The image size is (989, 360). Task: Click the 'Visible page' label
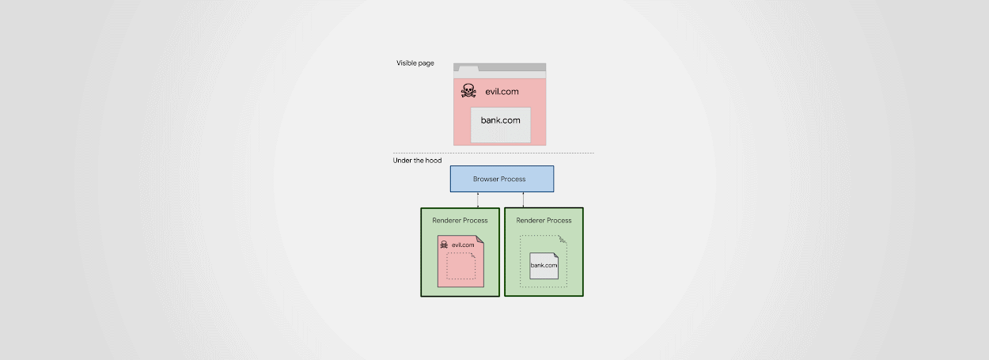(x=415, y=63)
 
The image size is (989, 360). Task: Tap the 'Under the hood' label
(x=417, y=161)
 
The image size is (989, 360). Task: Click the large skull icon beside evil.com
(x=468, y=90)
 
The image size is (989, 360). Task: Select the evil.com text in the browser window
(x=502, y=92)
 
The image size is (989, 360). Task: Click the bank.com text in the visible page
(x=500, y=120)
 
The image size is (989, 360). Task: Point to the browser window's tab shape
(x=468, y=69)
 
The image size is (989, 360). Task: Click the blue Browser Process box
(x=502, y=179)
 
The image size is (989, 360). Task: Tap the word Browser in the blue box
(x=485, y=179)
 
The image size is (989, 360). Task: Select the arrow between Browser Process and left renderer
(x=478, y=200)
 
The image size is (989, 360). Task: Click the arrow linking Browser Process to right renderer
(x=523, y=200)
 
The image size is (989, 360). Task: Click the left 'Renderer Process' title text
(x=460, y=221)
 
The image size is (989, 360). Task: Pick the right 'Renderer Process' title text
(x=544, y=221)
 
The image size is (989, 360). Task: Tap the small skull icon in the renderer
(x=444, y=244)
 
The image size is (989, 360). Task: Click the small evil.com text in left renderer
(x=463, y=244)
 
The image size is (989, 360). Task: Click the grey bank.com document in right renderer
(x=544, y=266)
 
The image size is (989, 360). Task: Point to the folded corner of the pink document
(x=480, y=239)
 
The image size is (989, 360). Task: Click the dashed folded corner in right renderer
(x=563, y=240)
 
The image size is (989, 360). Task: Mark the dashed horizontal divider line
(x=493, y=153)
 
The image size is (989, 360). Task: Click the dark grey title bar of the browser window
(x=512, y=67)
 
